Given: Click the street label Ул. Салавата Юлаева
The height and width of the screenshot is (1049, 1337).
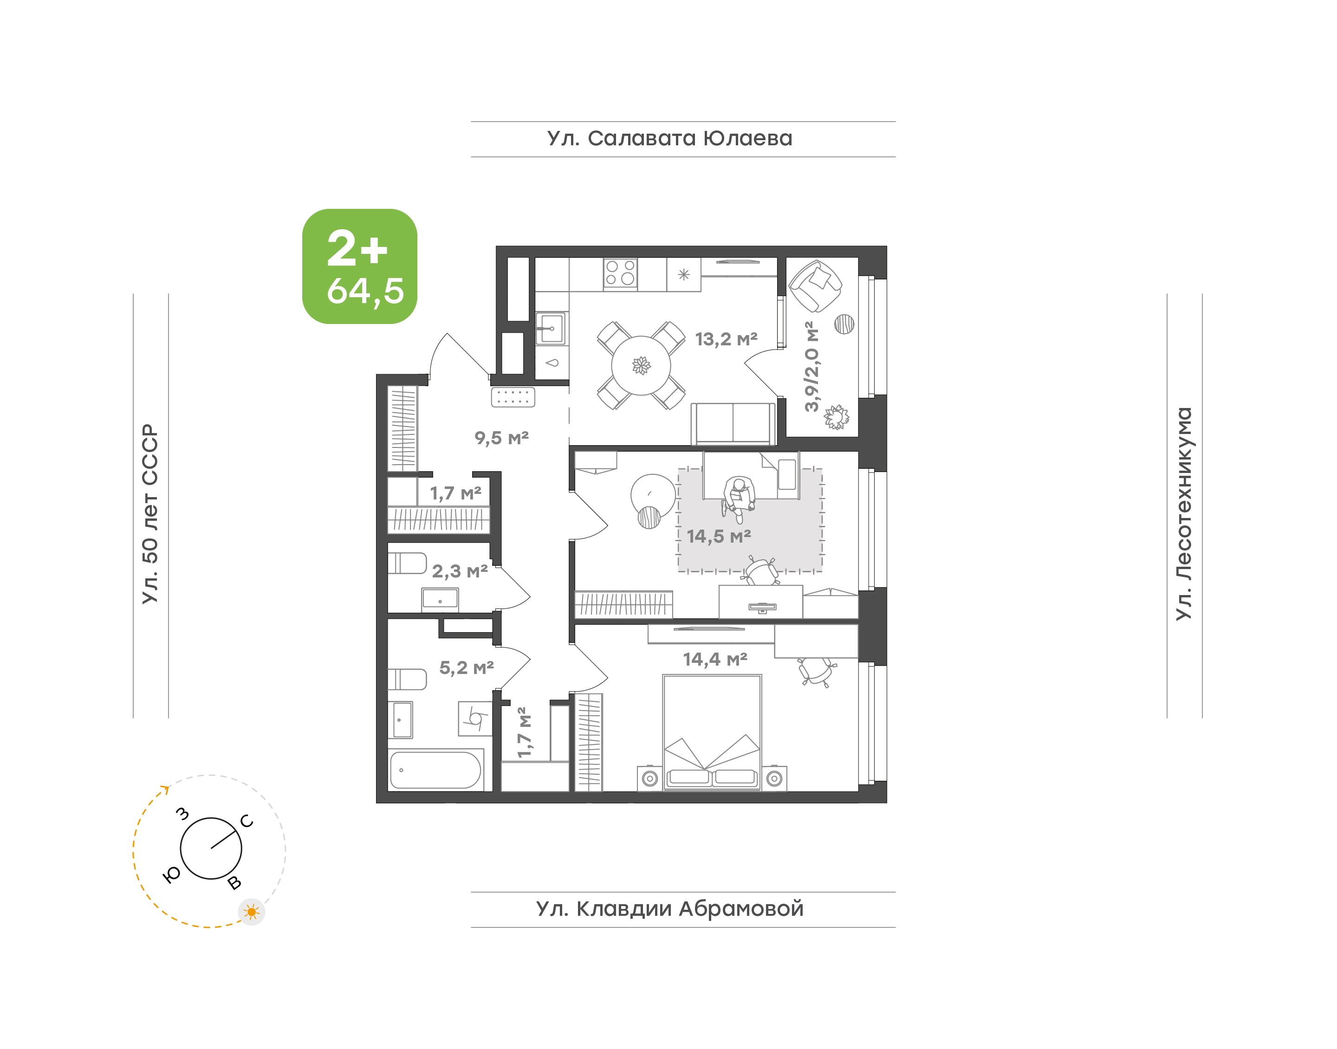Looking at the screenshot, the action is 669,139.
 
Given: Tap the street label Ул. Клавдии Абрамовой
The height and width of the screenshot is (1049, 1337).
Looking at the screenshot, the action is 669,908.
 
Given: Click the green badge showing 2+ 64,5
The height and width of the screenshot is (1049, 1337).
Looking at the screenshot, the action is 359,266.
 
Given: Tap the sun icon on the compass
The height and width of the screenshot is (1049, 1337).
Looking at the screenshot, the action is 251,912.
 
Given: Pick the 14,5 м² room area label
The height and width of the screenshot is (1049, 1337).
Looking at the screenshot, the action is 719,536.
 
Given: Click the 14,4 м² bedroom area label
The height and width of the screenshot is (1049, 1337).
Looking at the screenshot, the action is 715,660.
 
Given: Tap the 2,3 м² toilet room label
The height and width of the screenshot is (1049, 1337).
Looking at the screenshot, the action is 460,571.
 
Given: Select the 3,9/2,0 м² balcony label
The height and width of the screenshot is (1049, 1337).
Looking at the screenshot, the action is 811,366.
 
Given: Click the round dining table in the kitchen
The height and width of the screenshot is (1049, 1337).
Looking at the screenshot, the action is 641,365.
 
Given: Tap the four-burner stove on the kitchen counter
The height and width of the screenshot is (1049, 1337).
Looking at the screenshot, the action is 620,273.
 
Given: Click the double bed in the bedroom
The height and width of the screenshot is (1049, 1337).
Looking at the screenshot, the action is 712,733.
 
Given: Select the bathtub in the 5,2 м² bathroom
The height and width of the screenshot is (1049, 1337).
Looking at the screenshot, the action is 435,770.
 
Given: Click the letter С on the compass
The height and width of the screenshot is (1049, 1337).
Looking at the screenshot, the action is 247,821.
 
